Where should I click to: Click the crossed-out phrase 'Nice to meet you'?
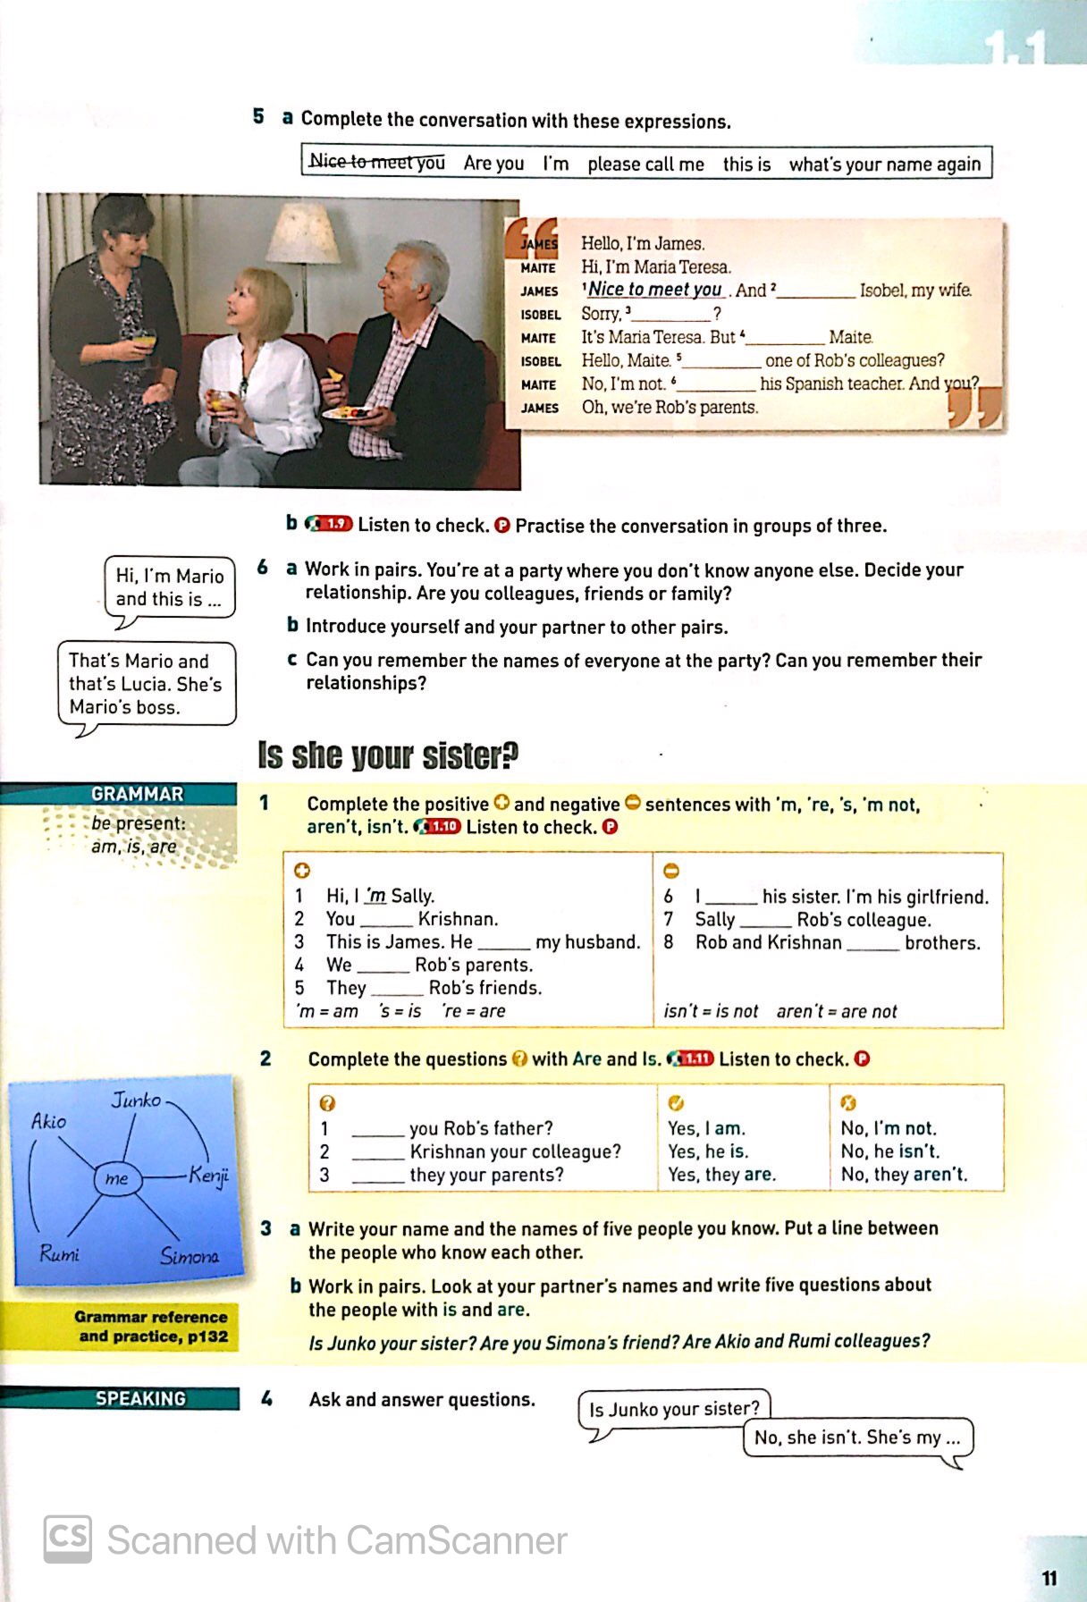376,162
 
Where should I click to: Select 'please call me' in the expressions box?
645,164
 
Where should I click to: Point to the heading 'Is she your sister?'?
387,755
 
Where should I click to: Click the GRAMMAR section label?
137,794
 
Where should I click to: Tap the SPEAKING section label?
140,1398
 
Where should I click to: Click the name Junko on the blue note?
136,1100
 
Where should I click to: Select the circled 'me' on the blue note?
116,1178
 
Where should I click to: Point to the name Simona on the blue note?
189,1256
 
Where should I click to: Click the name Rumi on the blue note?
59,1253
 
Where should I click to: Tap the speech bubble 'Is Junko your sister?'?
674,1409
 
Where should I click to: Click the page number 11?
1049,1578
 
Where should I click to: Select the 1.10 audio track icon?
438,826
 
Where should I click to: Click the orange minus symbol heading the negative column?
671,871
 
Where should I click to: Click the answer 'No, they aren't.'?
904,1175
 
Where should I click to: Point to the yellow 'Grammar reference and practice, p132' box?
151,1327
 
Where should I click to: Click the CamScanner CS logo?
67,1539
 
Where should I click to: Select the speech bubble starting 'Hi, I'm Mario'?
169,587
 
